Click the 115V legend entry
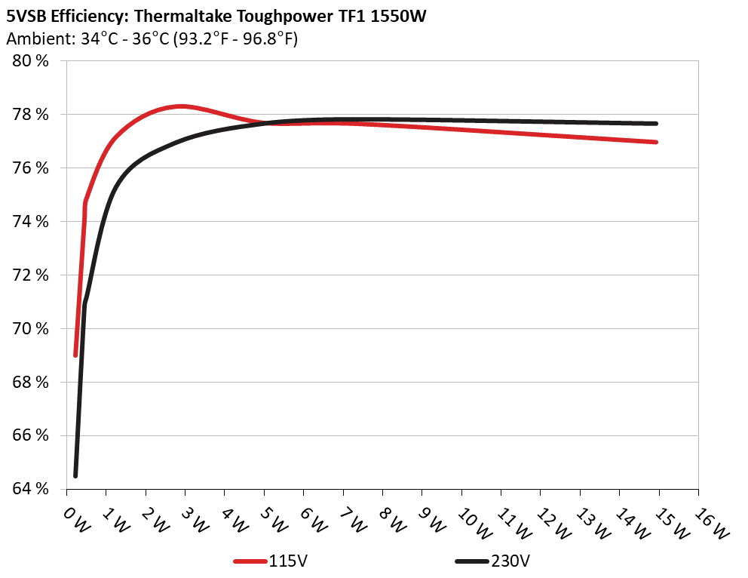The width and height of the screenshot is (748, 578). click(x=272, y=561)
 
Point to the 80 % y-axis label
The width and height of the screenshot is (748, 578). click(x=31, y=61)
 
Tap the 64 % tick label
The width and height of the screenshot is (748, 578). click(x=31, y=489)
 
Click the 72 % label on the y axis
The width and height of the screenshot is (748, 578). click(x=31, y=275)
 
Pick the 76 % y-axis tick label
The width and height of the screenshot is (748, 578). click(x=31, y=168)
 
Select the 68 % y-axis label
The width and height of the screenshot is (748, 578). click(x=31, y=382)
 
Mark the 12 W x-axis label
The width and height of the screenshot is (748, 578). click(x=550, y=521)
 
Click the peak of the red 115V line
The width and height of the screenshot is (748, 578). click(x=181, y=106)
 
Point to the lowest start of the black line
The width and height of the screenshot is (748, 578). click(x=75, y=475)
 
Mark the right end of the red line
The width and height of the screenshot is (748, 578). click(x=657, y=142)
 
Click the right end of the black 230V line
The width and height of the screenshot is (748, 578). click(x=657, y=124)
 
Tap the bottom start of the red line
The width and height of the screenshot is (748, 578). click(x=75, y=355)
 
